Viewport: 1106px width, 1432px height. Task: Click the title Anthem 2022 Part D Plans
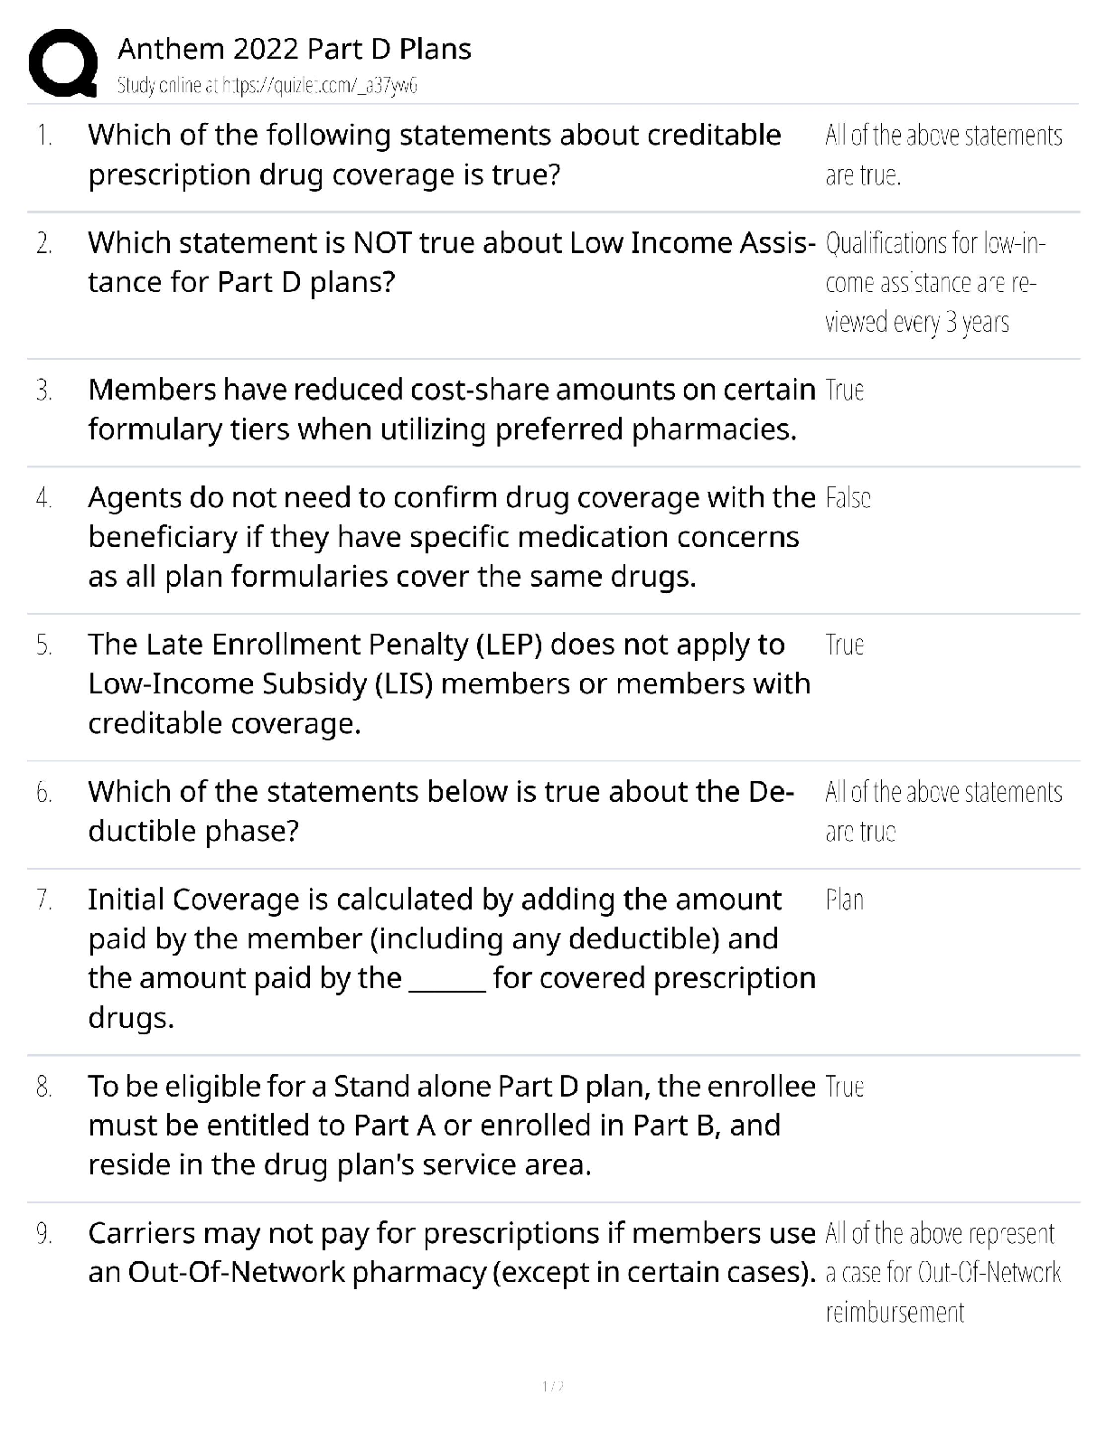295,49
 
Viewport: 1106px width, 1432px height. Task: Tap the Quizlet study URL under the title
267,86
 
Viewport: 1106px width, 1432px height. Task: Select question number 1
43,136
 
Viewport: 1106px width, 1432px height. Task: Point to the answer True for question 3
845,390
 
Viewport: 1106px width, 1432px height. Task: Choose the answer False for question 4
848,498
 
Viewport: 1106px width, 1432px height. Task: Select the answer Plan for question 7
845,900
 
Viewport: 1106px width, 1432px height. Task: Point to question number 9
43,1234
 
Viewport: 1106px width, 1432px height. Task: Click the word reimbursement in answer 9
895,1312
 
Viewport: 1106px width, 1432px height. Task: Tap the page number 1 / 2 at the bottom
552,1386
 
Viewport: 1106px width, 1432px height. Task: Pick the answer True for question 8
845,1086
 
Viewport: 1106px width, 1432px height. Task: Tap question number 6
43,793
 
